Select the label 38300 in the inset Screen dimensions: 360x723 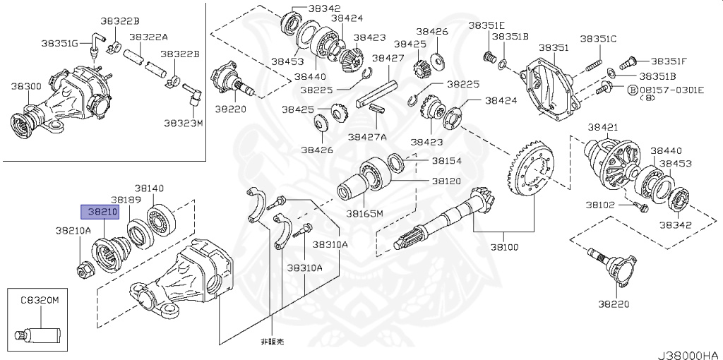point(25,85)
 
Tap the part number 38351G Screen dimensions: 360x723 point(59,43)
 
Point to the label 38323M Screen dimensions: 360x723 point(183,122)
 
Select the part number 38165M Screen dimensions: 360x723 point(364,212)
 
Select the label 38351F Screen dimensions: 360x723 point(669,61)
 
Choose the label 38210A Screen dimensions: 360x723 point(73,230)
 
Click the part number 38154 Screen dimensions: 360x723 point(446,161)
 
